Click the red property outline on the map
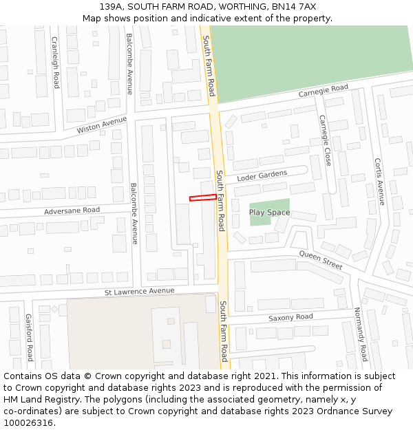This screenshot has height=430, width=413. pos(203,198)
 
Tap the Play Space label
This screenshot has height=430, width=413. pos(269,213)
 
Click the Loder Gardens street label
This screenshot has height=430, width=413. pos(262,176)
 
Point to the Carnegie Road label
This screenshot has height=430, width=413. pos(323,91)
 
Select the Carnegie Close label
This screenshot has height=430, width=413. pos(325,140)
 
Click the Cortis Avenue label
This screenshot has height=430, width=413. pos(377,182)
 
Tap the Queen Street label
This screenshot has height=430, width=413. pos(320,259)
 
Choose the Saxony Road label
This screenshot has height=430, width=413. pos(290,317)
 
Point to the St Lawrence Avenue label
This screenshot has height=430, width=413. pos(139,292)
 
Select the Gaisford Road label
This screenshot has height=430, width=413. pos(29,338)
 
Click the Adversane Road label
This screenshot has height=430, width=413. pos(72,210)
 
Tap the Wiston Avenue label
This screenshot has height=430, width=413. pos(102,125)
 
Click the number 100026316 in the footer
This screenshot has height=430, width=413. pos(28,422)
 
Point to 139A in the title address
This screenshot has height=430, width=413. pos(111,6)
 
